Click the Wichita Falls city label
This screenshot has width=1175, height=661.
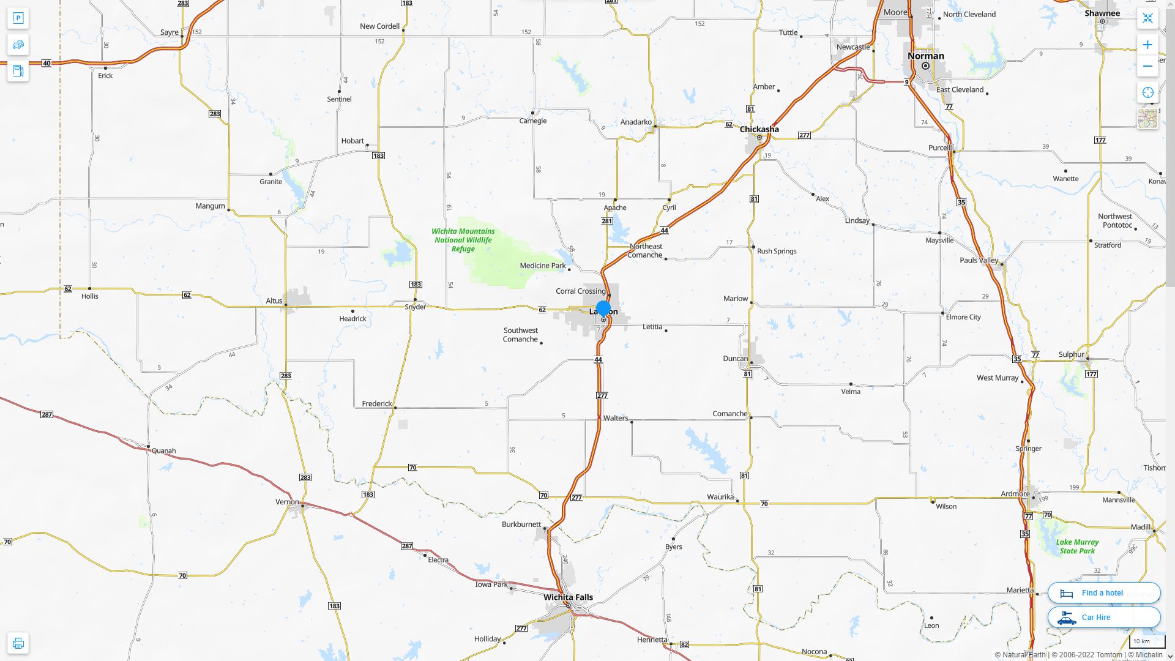[568, 597]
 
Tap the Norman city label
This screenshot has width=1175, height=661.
[925, 56]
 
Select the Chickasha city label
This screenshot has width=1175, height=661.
[759, 129]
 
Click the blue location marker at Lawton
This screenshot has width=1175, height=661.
[603, 308]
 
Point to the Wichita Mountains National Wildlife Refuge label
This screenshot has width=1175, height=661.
[463, 240]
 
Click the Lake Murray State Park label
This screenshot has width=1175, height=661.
[1077, 547]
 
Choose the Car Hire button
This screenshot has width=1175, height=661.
[1104, 618]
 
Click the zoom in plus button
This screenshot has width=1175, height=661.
[1147, 45]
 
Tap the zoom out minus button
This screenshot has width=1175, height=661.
[1147, 66]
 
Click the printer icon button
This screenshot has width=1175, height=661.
[18, 643]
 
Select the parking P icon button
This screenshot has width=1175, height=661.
[18, 18]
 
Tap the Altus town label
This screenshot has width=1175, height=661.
[274, 301]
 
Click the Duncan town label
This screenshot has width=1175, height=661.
[735, 359]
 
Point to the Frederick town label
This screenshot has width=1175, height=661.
[376, 404]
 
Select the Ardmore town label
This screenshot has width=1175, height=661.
[1015, 494]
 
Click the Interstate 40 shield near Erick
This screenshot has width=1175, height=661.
[47, 63]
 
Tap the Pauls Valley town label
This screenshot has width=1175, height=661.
[979, 261]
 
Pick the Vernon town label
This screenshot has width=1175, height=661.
[287, 502]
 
